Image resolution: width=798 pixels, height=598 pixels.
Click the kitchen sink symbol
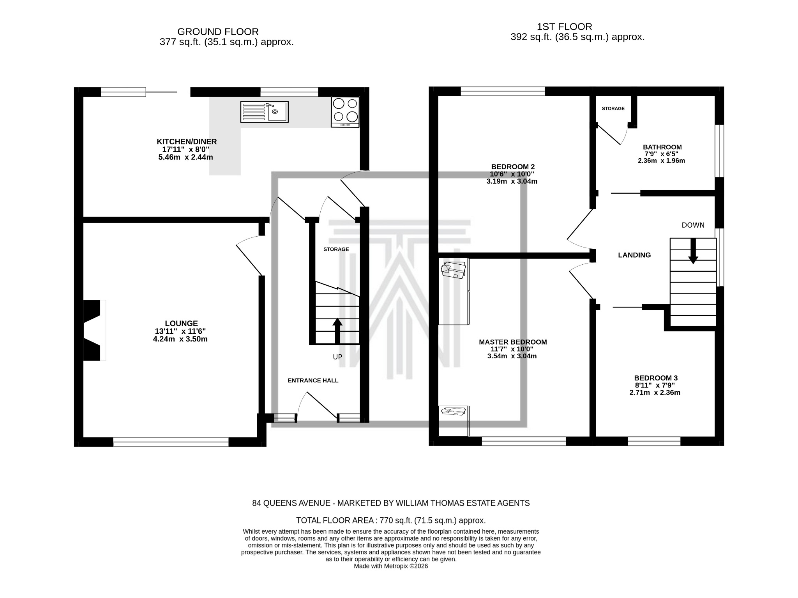tap(264, 112)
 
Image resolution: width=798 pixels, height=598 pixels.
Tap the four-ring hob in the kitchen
tap(345, 111)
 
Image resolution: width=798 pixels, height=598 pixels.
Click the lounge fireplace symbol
tap(94, 330)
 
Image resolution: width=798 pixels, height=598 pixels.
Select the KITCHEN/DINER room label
tap(187, 142)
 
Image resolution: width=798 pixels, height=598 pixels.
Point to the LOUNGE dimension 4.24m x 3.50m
tap(180, 339)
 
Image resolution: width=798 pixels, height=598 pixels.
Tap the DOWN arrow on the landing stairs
tap(693, 251)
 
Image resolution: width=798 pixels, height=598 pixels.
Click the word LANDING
tap(634, 255)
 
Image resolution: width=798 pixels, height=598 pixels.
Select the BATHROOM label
tap(662, 147)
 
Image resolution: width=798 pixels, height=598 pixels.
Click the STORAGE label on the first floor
tap(613, 108)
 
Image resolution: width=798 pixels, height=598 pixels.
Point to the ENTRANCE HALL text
tap(313, 380)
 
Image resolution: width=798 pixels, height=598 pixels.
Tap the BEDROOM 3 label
tap(656, 378)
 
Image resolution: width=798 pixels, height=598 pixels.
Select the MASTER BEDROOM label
tap(512, 342)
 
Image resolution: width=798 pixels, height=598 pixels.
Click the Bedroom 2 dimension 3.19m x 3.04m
tap(512, 181)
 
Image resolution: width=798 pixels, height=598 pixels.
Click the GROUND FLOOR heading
tap(218, 32)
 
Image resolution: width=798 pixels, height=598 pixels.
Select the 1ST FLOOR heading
tap(564, 27)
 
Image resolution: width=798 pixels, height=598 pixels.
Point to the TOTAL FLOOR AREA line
tap(390, 520)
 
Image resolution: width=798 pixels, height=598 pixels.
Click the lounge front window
tap(171, 441)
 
